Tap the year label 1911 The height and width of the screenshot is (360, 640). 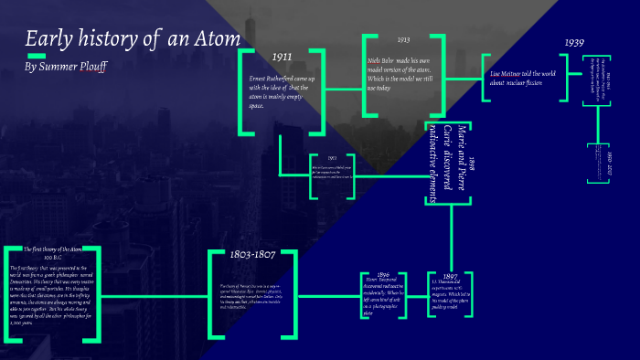point(283,57)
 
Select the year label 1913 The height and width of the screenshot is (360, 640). point(403,40)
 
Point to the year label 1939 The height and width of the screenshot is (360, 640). point(574,43)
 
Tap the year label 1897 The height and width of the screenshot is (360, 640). point(449,276)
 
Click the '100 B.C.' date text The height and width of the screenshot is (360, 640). point(59,257)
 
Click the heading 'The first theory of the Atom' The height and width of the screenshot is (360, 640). point(59,249)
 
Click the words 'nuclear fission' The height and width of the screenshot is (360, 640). point(523,81)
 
